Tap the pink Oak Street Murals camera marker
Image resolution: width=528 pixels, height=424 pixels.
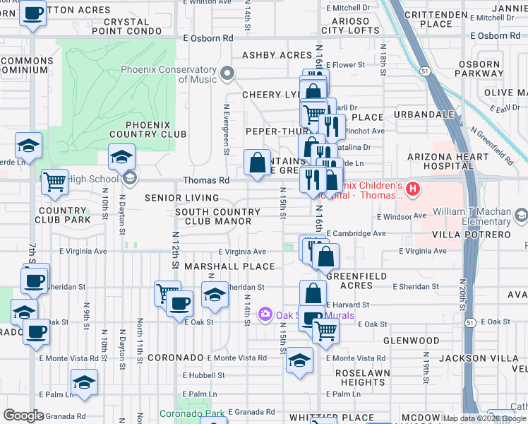(266, 312)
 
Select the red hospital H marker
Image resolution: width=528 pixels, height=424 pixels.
(413, 189)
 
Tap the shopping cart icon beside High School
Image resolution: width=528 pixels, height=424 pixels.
(54, 182)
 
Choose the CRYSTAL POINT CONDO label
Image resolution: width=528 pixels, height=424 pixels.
(121, 26)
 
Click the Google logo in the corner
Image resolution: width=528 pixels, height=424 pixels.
(23, 416)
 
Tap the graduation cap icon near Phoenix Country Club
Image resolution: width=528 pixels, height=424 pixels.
(121, 157)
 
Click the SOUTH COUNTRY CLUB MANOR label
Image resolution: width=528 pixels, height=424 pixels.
(213, 216)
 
